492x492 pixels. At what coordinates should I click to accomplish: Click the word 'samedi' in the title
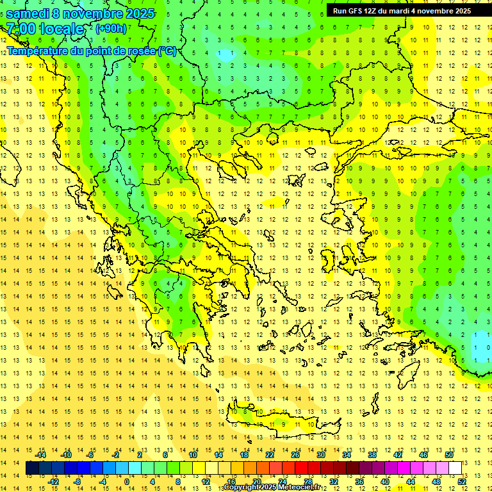coord(29,13)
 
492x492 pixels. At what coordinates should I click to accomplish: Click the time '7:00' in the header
coord(20,29)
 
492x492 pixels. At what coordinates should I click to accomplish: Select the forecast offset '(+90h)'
coord(111,29)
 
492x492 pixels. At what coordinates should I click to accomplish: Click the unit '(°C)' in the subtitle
coord(167,51)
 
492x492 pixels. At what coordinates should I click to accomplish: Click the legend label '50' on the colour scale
coord(448,455)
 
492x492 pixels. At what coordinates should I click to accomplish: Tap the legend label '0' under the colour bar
coord(127,482)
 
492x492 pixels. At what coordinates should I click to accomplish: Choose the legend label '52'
coord(462,482)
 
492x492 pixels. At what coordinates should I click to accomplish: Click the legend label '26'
coord(295,455)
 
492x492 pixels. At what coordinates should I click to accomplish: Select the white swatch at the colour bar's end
coord(455,468)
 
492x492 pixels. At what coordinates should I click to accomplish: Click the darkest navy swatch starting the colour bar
coord(33,468)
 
